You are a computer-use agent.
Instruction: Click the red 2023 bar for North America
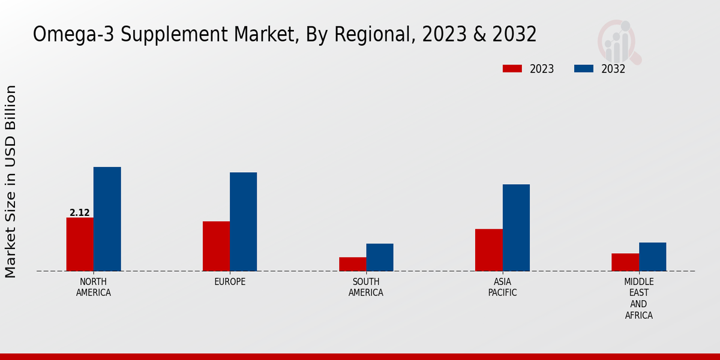80,244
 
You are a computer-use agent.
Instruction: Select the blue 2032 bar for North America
107,219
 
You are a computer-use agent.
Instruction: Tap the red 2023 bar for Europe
216,246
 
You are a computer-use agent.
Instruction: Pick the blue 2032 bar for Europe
244,221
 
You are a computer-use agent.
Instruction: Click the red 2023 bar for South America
352,264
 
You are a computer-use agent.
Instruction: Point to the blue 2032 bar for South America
380,257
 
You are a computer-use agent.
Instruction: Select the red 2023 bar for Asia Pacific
489,250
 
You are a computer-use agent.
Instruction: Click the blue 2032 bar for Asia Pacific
516,227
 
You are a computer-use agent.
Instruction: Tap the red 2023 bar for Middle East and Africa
625,262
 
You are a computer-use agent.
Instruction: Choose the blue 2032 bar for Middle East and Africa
652,257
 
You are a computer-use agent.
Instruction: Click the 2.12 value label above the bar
80,213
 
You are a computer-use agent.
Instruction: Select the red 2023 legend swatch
512,68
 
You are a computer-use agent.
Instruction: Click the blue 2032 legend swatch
584,68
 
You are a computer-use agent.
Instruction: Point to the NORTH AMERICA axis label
94,287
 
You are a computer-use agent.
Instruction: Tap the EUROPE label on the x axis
230,282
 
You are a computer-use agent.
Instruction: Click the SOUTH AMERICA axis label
366,287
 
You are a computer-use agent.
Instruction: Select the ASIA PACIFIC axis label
503,287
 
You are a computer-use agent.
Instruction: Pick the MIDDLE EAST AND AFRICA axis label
639,298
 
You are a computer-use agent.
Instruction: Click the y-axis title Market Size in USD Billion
11,181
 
